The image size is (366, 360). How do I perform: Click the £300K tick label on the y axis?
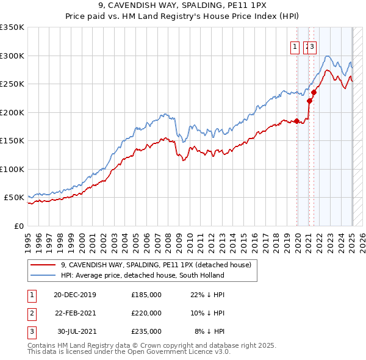coord(12,56)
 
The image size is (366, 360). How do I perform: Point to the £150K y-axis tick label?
coord(12,140)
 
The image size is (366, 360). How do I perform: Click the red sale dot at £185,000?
coord(297,121)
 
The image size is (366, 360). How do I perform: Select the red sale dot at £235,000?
coord(314,93)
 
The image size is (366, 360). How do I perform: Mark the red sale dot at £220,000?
coord(310,101)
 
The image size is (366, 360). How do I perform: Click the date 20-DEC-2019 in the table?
coord(75,294)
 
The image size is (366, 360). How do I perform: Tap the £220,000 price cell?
coord(146,313)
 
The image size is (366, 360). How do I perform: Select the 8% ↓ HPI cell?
coord(210,331)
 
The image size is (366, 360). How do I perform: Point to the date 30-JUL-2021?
coord(76,331)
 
